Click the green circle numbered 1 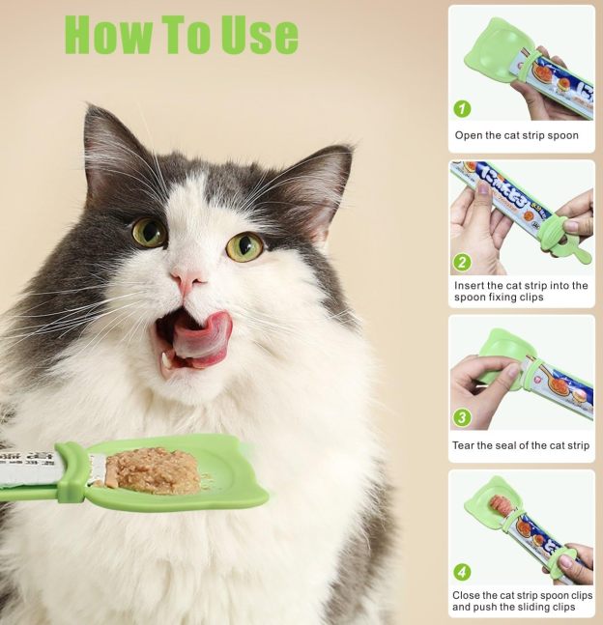click(x=463, y=108)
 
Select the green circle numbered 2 click(x=463, y=262)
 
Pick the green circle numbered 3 click(x=463, y=417)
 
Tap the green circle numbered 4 click(x=463, y=572)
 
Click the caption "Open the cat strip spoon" click(x=517, y=135)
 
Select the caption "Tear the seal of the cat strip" click(x=521, y=445)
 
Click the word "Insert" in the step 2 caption click(x=471, y=285)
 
